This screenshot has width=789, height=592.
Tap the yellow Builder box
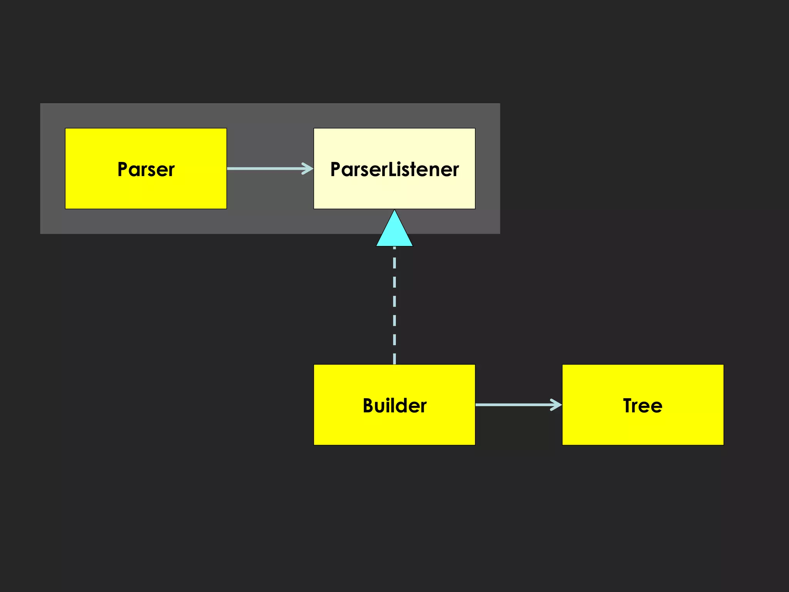point(394,428)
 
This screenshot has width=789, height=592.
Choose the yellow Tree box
point(643,428)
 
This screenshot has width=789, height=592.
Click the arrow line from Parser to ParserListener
point(266,168)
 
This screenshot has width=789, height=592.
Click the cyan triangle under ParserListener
point(394,233)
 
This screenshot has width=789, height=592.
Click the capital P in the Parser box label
point(123,169)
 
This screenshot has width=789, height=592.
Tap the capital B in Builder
point(369,405)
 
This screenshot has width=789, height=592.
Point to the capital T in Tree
point(629,405)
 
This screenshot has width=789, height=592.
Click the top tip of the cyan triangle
point(394,211)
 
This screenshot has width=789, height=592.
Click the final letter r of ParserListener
point(456,170)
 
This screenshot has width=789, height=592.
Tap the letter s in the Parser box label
point(151,170)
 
